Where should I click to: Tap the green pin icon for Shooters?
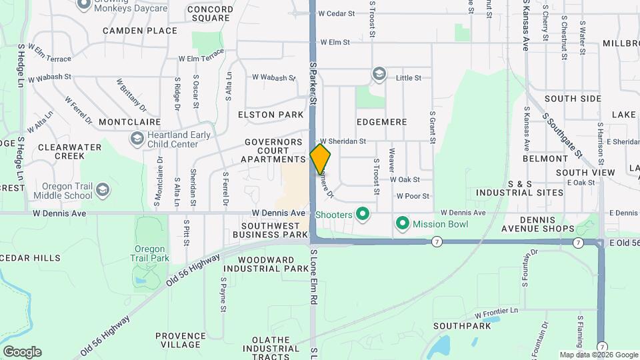(363, 214)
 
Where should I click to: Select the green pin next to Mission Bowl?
(403, 223)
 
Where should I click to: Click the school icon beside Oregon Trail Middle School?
(103, 191)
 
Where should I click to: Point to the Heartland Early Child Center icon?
(137, 139)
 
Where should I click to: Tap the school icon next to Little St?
(379, 73)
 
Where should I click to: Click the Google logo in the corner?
(22, 352)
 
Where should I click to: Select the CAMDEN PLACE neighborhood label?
(140, 31)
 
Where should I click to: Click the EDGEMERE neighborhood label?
(381, 122)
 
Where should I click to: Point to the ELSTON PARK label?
(271, 115)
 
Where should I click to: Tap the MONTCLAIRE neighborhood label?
(129, 122)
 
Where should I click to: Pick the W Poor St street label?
(413, 196)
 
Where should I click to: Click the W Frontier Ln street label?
(496, 312)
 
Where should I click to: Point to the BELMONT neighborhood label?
(545, 159)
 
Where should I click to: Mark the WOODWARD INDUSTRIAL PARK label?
(257, 264)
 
